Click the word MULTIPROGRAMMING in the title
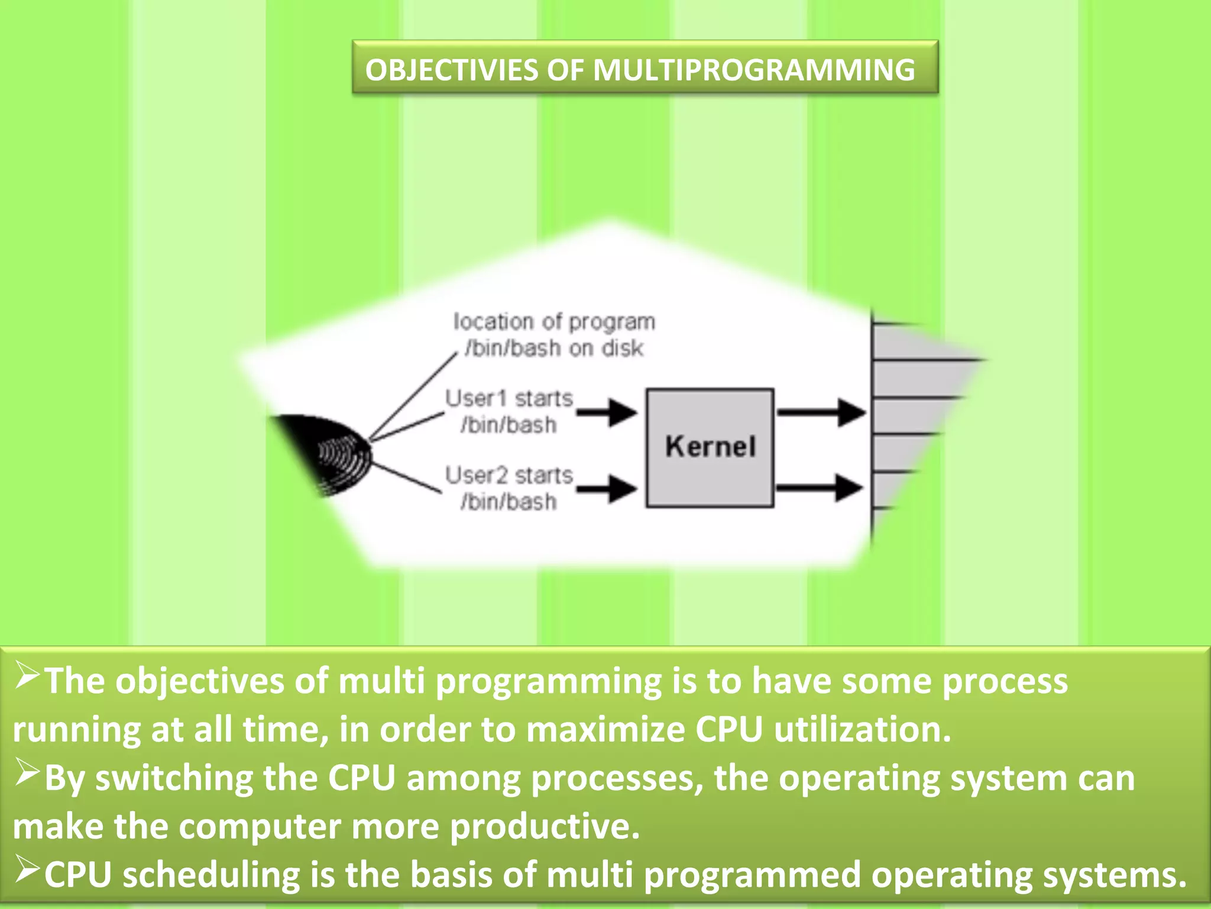754,70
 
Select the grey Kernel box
710,447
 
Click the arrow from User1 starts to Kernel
607,412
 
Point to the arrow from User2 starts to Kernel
607,489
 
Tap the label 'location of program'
554,322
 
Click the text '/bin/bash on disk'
554,348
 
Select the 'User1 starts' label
509,399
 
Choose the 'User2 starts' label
509,476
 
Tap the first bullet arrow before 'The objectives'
27,676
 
